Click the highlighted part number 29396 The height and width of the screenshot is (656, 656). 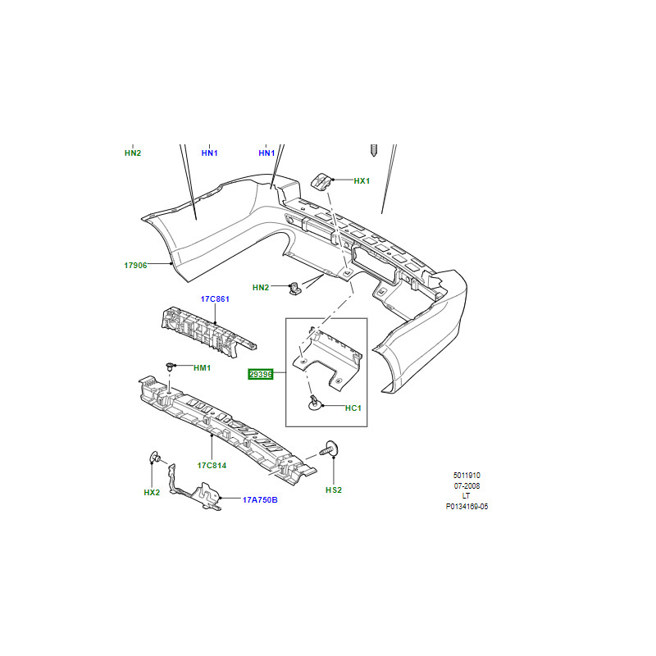261,374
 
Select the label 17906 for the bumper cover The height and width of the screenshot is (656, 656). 135,265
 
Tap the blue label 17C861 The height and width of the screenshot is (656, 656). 215,298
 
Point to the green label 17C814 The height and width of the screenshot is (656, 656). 212,465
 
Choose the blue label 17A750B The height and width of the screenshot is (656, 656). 260,499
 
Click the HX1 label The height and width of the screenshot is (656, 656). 362,180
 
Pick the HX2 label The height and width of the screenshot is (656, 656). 152,493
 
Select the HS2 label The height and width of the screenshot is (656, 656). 334,490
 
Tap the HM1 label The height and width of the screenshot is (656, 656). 202,367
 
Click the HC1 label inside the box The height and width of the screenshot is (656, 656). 353,408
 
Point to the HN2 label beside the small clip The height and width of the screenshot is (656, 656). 261,288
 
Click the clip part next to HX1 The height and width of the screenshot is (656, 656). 321,181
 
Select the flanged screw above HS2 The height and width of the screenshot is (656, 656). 330,449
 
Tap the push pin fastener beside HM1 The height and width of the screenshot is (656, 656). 170,366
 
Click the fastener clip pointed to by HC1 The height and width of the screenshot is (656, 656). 314,403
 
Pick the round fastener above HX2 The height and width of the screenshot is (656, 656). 155,458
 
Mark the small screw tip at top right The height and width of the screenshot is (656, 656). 374,150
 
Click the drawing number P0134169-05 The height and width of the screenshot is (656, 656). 467,507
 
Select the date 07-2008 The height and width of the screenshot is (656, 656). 467,485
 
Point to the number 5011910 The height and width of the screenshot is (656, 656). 467,476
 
